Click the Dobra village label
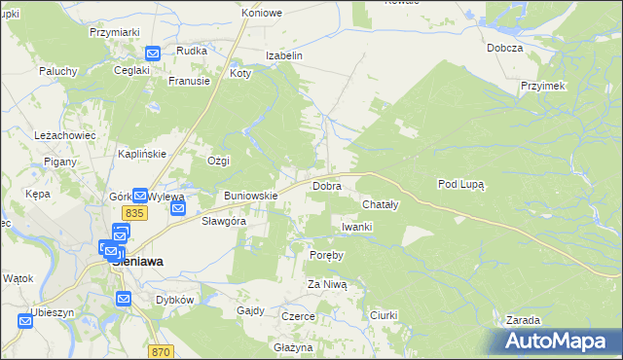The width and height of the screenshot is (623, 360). click(x=325, y=185)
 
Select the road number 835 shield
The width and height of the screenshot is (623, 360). click(x=134, y=213)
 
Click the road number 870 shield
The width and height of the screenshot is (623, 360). click(x=162, y=351)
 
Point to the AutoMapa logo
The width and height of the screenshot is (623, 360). click(x=557, y=342)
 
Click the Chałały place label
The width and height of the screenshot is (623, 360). click(x=381, y=205)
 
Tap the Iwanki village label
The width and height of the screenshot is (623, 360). click(x=357, y=227)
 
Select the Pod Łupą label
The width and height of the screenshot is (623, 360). click(x=461, y=183)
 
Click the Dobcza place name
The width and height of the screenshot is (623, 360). click(x=506, y=48)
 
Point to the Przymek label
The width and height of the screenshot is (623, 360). click(x=543, y=86)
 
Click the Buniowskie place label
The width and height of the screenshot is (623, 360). click(x=251, y=196)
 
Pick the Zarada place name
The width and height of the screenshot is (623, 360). click(x=524, y=320)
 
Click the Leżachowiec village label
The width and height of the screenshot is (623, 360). click(x=64, y=135)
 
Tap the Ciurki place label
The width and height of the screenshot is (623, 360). click(x=386, y=315)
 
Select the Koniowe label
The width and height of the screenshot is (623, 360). click(x=262, y=14)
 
